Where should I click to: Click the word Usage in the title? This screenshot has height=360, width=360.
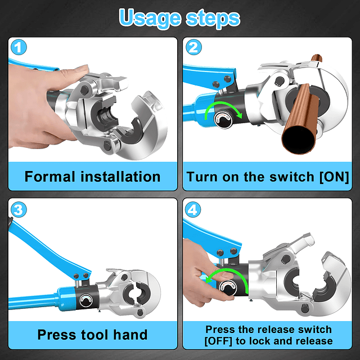[x=150, y=19]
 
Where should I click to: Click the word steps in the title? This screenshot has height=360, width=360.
[x=213, y=18]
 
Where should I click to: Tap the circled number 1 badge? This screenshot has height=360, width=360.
[x=19, y=47]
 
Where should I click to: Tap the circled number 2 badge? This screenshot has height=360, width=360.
[x=193, y=47]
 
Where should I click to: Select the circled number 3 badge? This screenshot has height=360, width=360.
[x=19, y=209]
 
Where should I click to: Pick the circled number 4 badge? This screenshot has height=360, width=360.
[x=192, y=209]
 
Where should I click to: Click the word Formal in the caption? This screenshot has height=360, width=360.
[x=50, y=177]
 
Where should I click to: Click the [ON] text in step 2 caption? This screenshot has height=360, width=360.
[x=334, y=177]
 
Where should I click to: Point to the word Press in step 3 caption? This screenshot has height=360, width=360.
[x=57, y=335]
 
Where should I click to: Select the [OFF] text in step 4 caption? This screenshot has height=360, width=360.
[x=218, y=341]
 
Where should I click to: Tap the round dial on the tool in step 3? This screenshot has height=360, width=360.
[x=86, y=301]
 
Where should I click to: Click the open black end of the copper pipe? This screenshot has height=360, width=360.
[x=299, y=139]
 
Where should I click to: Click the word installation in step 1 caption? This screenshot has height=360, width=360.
[x=120, y=177]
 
